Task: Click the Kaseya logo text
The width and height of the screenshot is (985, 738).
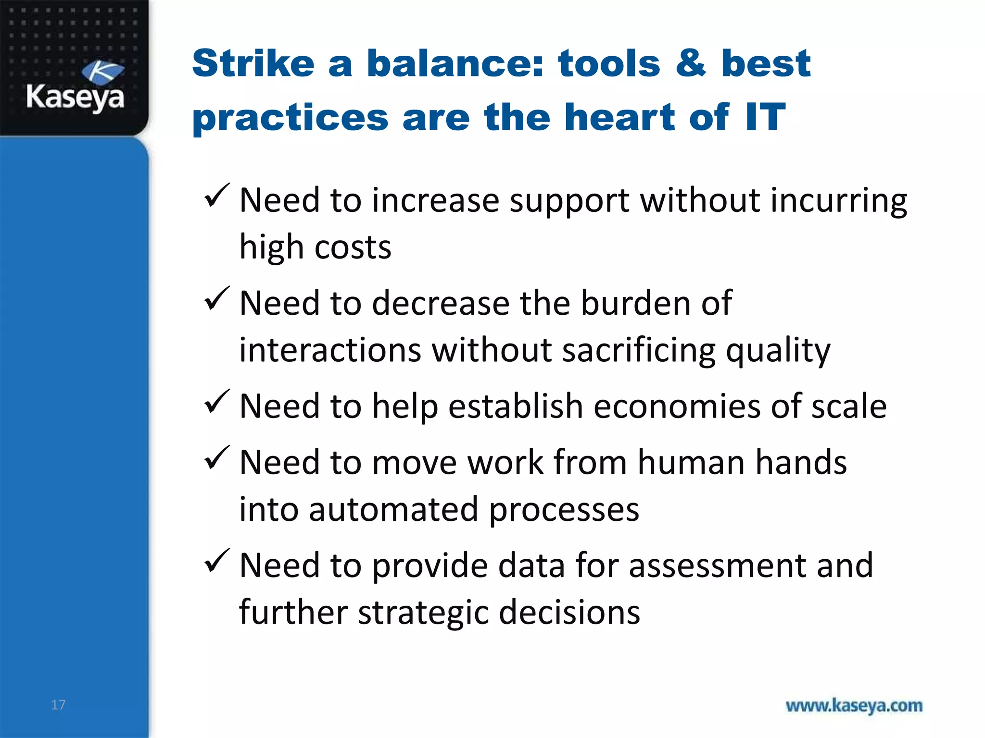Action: tap(75, 98)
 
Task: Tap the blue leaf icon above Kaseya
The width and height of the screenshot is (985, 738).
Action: tap(102, 73)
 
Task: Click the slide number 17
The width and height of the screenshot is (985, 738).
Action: tap(58, 705)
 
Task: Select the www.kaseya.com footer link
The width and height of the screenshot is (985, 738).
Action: tap(854, 706)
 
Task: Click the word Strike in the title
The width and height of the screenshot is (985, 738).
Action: tap(253, 63)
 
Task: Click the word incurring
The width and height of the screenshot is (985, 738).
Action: tap(839, 201)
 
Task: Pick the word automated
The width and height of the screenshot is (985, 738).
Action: tap(393, 509)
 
